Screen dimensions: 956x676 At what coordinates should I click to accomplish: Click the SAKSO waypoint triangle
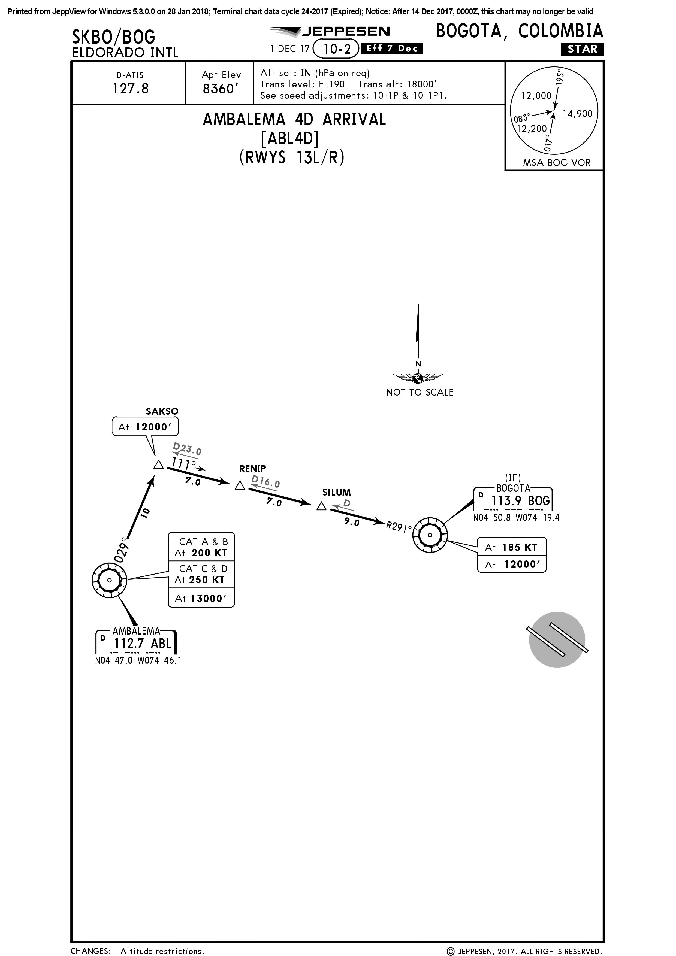158,465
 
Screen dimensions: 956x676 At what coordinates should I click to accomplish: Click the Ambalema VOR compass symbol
109,580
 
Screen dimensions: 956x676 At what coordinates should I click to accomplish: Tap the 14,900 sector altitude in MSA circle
577,114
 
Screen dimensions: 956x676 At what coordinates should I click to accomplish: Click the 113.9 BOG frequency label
521,501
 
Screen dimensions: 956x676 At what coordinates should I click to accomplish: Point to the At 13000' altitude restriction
201,598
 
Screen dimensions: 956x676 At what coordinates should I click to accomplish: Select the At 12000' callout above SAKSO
145,427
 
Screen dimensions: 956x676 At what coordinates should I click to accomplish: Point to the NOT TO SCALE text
420,392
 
